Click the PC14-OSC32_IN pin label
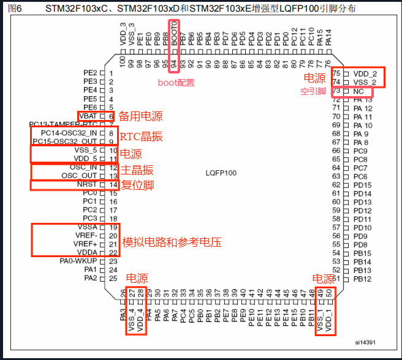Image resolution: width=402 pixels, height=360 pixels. point(69,133)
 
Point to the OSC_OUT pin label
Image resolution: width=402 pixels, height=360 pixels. point(80,176)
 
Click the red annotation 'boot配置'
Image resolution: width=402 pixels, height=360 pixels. point(176,81)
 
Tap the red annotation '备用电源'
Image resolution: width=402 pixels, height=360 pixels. point(140,116)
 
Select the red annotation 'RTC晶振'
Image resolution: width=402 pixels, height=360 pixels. point(141,137)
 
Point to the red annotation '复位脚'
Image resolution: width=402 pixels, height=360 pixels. point(136,184)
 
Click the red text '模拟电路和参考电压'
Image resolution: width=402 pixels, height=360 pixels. point(172,242)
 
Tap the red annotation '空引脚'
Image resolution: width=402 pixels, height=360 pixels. point(312,91)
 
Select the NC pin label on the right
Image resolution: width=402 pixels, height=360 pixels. point(358,91)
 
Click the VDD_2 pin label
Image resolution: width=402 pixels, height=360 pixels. point(365,73)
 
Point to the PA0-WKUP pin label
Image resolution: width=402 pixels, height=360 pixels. point(77,261)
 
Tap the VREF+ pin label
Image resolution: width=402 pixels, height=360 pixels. point(86,244)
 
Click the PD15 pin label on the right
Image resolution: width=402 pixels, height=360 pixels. point(362,185)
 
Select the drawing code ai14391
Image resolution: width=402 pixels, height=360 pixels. point(366,342)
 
